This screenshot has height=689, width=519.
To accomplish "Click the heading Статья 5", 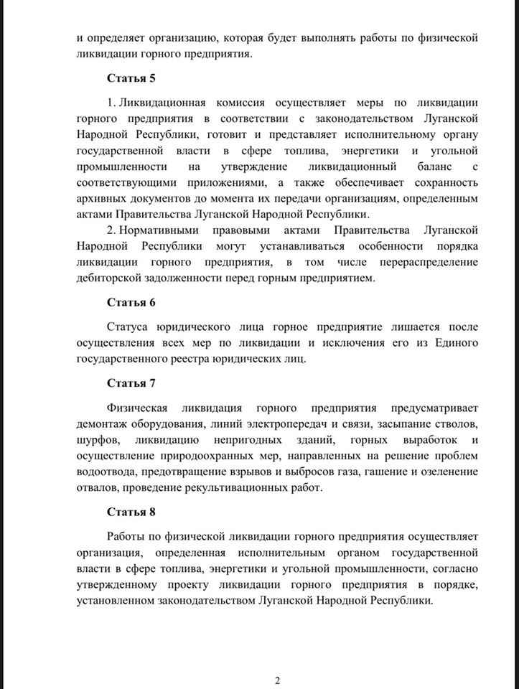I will [131, 78].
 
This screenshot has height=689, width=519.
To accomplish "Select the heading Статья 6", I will [131, 301].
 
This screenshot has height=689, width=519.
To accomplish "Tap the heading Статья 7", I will [131, 383].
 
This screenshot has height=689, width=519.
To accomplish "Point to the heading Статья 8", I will [131, 512].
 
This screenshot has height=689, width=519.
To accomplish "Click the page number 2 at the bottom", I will [277, 680].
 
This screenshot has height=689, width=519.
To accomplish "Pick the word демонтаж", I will [101, 423].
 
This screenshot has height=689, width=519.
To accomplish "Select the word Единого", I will [457, 343].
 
